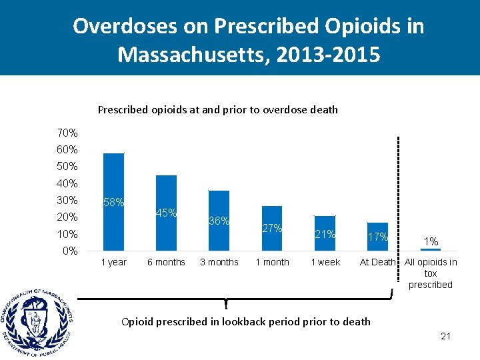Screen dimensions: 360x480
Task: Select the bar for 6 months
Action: (x=166, y=213)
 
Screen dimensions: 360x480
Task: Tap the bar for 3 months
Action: (x=219, y=221)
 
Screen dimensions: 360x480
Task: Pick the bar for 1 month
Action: (x=271, y=228)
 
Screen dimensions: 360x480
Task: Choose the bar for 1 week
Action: (x=325, y=233)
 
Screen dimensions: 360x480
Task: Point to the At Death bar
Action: (x=377, y=237)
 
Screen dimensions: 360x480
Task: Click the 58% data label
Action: (x=113, y=202)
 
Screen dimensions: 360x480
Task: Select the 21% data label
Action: (x=325, y=234)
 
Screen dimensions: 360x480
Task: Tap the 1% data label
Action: (x=431, y=241)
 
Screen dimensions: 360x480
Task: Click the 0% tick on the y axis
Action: (x=69, y=251)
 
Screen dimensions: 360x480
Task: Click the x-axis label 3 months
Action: (x=219, y=262)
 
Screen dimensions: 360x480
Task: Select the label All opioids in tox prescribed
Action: (x=431, y=273)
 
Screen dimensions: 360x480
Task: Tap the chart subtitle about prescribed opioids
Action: (x=217, y=109)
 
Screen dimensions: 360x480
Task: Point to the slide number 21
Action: (x=445, y=336)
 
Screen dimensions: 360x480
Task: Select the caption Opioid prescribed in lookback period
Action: (x=245, y=321)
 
